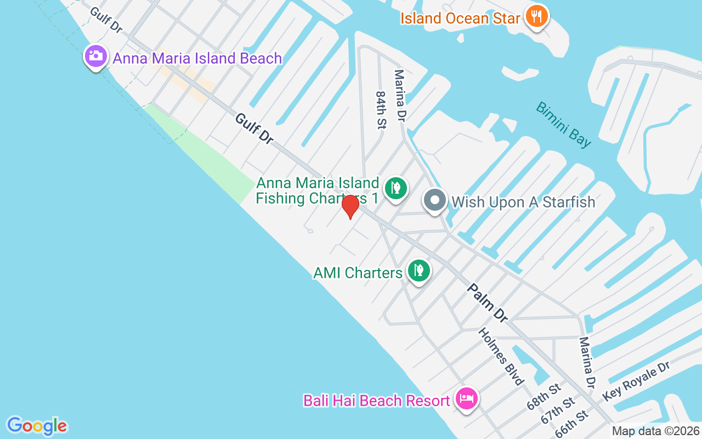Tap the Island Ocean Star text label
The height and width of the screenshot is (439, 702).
(x=460, y=18)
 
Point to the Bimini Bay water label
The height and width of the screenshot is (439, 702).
(x=564, y=125)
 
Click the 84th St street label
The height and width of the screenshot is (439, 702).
(x=381, y=110)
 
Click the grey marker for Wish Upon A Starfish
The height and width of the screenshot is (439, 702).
(x=435, y=200)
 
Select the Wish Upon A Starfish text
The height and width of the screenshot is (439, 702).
(x=523, y=202)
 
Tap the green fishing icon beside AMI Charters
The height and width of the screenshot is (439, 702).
(x=419, y=271)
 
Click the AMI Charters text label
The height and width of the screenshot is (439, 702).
(x=358, y=273)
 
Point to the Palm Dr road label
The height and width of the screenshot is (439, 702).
(x=488, y=302)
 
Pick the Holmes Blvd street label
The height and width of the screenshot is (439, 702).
(x=501, y=357)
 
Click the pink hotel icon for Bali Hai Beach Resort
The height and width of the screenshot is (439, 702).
(x=467, y=399)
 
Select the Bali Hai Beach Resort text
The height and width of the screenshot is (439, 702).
(x=377, y=401)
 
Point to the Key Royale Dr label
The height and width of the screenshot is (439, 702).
(x=636, y=381)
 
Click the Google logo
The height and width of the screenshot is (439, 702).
(x=37, y=425)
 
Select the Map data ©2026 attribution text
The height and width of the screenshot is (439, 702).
(x=655, y=431)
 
